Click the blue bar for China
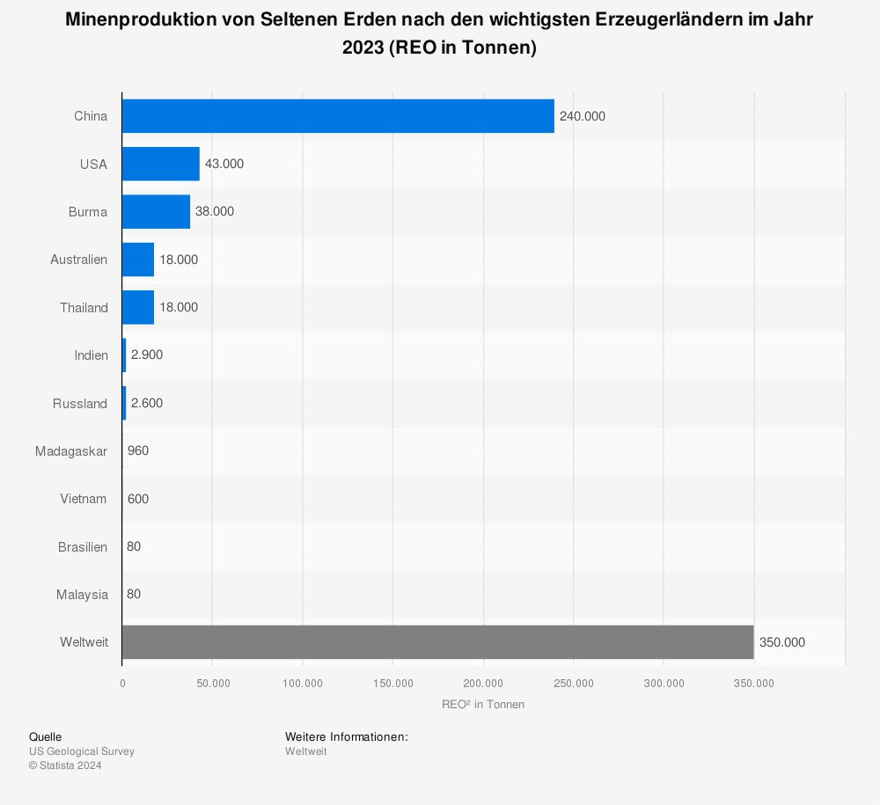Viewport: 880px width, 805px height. (338, 116)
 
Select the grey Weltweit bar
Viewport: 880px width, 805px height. (437, 642)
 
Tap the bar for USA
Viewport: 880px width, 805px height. (161, 164)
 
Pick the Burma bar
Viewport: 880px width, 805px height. (156, 212)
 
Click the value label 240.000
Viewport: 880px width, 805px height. (583, 116)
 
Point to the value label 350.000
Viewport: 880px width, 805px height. (781, 642)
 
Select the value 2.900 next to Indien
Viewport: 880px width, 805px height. (147, 355)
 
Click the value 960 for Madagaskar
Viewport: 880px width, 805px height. (138, 451)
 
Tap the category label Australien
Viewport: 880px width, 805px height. (78, 260)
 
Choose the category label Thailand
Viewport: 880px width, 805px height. (84, 308)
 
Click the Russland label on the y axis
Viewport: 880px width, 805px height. (79, 404)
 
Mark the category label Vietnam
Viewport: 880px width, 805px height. (84, 499)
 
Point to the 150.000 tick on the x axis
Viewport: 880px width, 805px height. (393, 684)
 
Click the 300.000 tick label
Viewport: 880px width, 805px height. (664, 684)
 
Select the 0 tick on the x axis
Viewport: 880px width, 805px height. (122, 684)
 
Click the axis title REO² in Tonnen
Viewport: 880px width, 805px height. (483, 704)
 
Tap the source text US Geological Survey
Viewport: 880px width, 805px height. (82, 751)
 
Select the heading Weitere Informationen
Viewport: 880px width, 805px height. (347, 736)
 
